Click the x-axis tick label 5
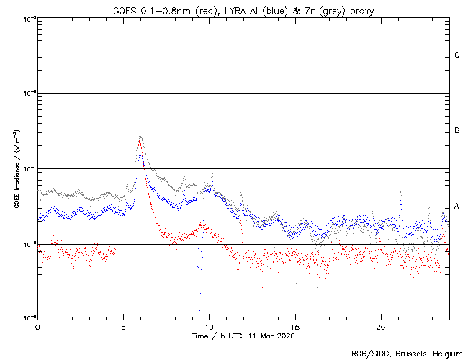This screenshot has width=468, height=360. point(123,326)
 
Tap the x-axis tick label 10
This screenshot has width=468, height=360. point(209,326)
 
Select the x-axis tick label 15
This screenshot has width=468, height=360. point(295,326)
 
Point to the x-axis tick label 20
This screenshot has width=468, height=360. point(381,326)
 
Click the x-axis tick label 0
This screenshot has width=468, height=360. point(37,326)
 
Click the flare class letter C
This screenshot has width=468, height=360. point(457,55)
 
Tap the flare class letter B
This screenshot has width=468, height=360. point(457,131)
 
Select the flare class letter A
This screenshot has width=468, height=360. point(457,207)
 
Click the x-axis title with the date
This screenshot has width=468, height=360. point(243,336)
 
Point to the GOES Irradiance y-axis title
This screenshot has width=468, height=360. point(16,169)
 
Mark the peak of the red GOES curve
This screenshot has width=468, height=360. point(139,141)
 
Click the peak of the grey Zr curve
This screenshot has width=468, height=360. point(140,136)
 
